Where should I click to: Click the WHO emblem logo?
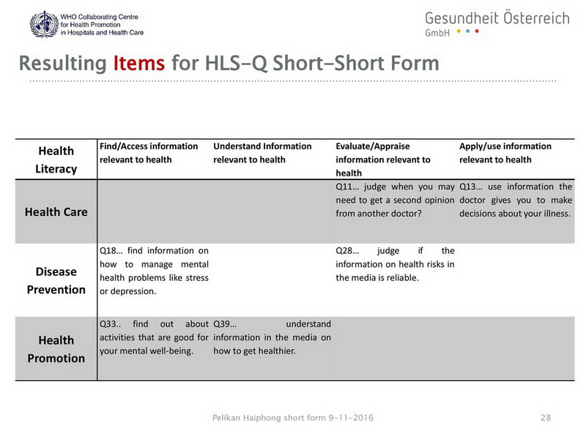tap(44, 24)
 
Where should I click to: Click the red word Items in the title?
tap(139, 63)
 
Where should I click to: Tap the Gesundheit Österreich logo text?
tap(497, 18)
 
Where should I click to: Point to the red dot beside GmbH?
tap(477, 31)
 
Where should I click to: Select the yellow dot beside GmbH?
tap(459, 31)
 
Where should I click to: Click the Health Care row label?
tap(56, 212)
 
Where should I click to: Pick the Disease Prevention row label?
tap(56, 281)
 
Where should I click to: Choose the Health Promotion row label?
tap(56, 350)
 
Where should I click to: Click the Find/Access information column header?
tap(149, 153)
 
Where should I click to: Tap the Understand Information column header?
tap(262, 153)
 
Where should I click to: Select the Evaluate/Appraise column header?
tap(383, 160)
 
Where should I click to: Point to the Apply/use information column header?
tap(505, 153)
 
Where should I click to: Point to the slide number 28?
tap(546, 418)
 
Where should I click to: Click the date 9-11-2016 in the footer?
tap(351, 418)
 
